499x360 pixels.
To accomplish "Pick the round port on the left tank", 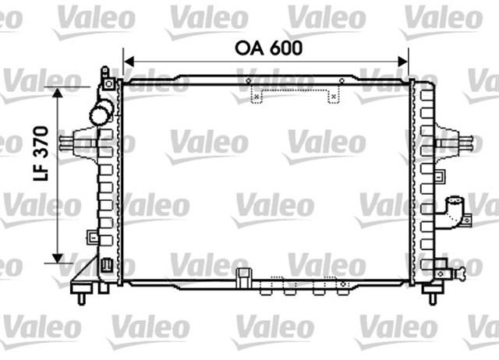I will [x=101, y=114].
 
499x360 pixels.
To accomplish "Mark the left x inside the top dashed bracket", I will [x=260, y=97].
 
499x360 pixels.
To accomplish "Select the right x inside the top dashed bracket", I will [x=334, y=97].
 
